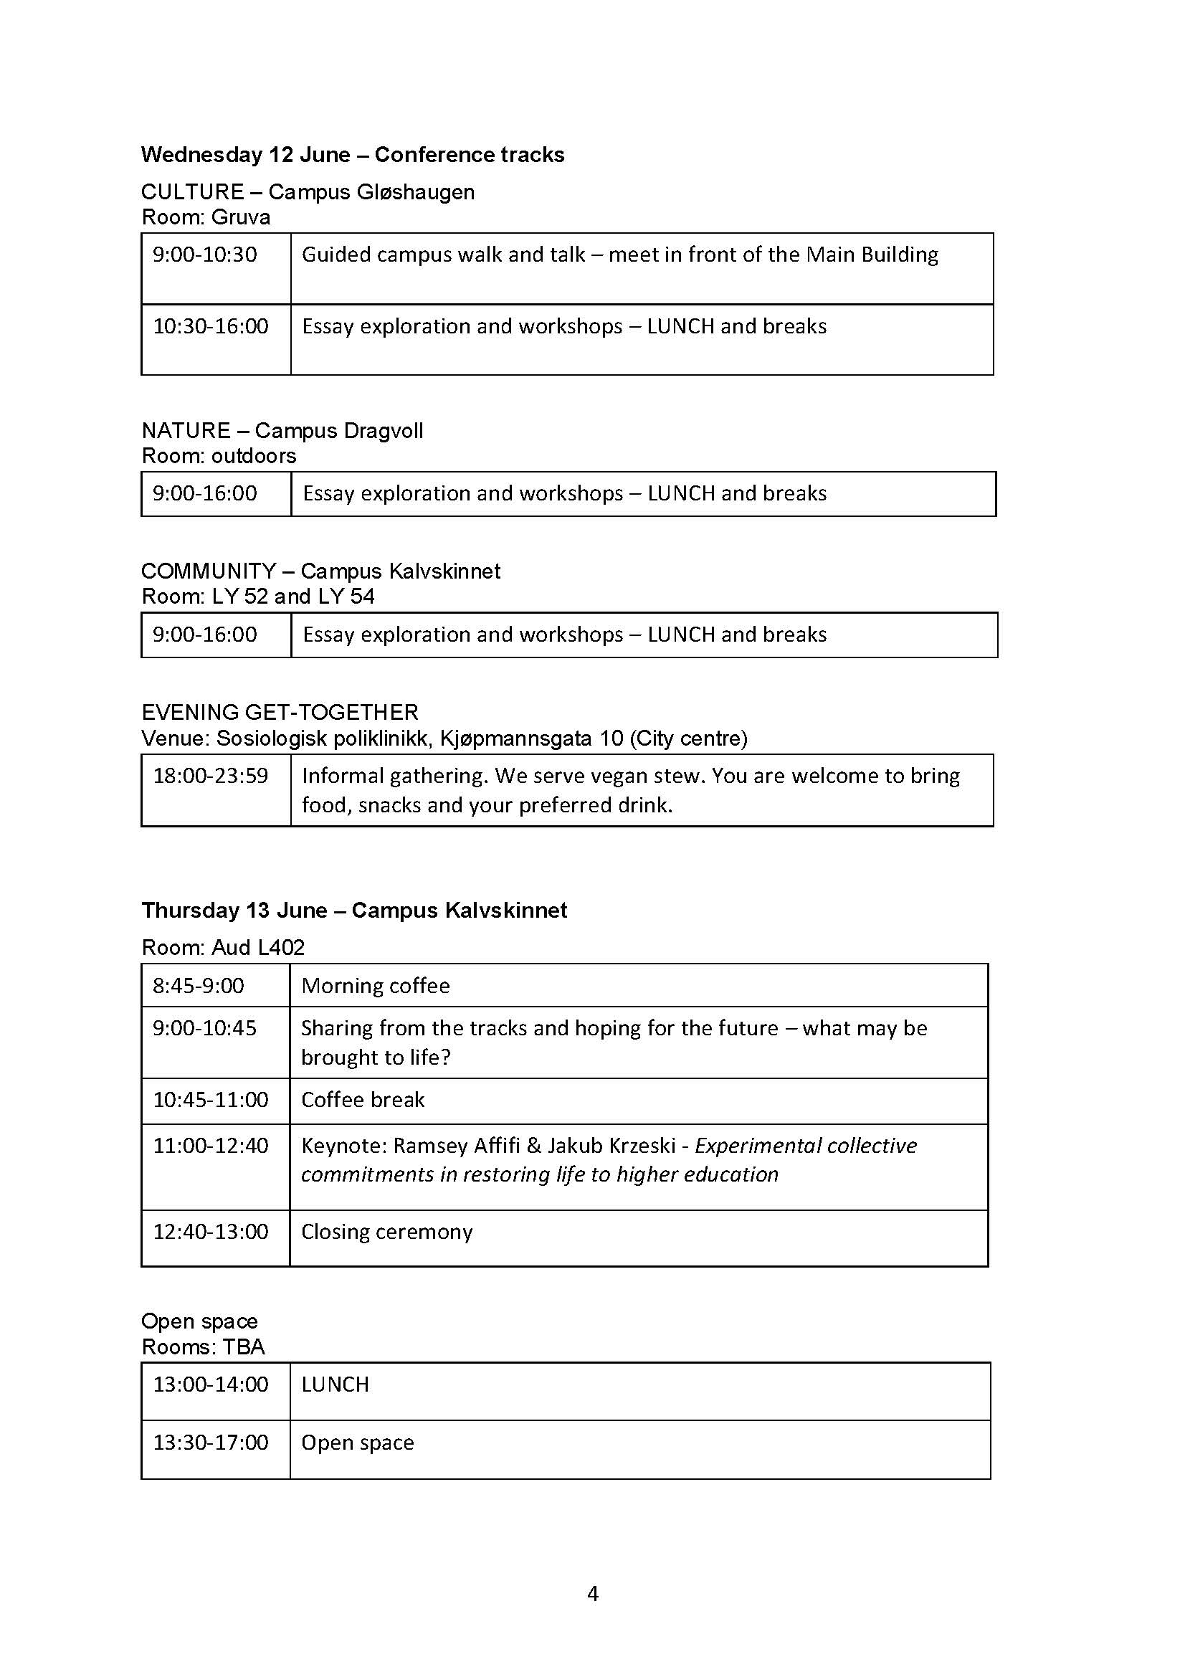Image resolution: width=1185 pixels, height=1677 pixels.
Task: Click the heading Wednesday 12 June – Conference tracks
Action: point(353,155)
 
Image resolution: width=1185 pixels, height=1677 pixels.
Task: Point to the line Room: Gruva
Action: point(206,218)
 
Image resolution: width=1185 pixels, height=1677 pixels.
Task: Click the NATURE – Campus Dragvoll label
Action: point(282,430)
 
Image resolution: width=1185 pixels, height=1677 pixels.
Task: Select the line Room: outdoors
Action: point(219,456)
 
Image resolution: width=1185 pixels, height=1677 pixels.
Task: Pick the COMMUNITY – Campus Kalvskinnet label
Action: point(320,571)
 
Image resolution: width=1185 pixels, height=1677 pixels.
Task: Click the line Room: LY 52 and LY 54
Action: point(258,597)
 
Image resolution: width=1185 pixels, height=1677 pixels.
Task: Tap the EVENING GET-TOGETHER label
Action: point(280,712)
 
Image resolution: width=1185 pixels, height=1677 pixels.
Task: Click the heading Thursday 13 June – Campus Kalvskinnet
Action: point(354,911)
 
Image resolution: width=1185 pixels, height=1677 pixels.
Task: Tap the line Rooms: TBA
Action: point(203,1347)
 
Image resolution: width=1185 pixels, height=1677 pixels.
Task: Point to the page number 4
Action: point(593,1594)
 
